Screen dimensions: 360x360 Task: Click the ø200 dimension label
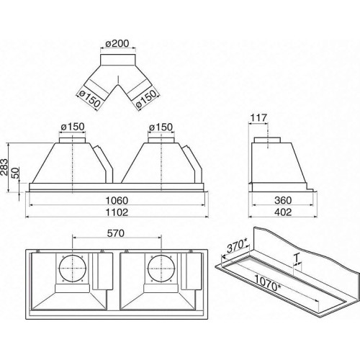click(x=117, y=43)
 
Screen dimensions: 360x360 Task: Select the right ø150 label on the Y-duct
click(x=146, y=99)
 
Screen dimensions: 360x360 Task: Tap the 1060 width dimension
click(x=117, y=200)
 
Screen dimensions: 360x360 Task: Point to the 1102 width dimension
click(x=117, y=212)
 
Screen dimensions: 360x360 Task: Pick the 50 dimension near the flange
click(x=15, y=173)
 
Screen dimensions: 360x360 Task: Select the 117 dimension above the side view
click(x=258, y=118)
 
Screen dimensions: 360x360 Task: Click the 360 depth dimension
click(x=283, y=200)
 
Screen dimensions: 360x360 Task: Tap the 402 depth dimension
click(x=283, y=212)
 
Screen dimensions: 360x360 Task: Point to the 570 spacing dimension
click(x=116, y=233)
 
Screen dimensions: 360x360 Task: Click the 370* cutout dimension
click(x=237, y=246)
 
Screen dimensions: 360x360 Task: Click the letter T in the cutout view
click(x=297, y=258)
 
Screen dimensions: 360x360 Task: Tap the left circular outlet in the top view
click(x=73, y=269)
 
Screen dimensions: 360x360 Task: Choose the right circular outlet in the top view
click(x=161, y=269)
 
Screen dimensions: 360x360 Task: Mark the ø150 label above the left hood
click(x=73, y=127)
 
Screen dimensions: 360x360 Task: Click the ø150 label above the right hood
click(x=161, y=127)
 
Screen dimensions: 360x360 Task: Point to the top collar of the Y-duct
click(x=118, y=60)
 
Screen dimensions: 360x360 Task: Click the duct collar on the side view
click(x=267, y=140)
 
